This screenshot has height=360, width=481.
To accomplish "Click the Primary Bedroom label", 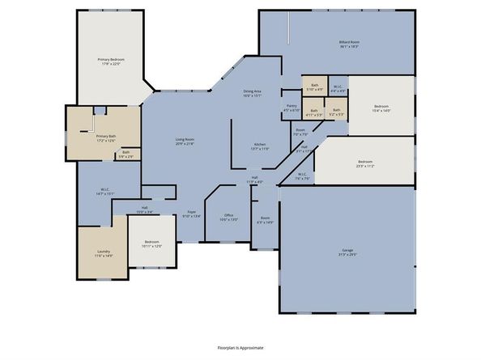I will point(112,61).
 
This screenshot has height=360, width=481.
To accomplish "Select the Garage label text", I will point(347,252).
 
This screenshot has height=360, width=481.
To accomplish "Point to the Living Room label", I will point(186,142).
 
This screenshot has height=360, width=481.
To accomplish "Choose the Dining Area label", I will point(252,93).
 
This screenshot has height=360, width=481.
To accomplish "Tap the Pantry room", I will point(292,108).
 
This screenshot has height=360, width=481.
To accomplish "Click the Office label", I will point(228,218).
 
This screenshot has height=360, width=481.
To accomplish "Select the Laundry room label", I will point(103,253).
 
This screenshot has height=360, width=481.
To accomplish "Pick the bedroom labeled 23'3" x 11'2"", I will point(364,164).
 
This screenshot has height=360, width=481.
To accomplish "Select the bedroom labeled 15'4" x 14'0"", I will point(381,108).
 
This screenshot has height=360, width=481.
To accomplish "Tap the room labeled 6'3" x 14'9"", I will point(265,220).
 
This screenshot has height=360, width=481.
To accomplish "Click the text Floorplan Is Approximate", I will point(240,347).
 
